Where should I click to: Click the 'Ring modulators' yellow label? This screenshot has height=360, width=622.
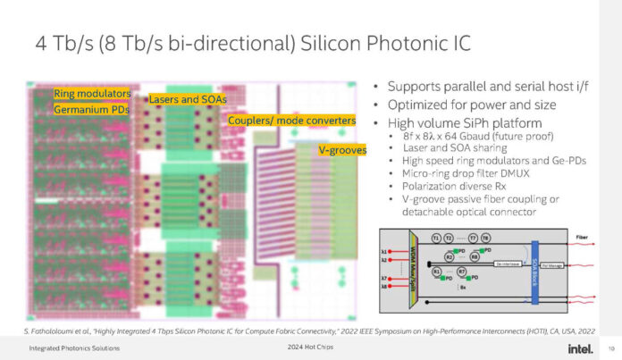91,93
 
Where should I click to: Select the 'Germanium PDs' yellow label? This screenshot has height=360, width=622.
90,109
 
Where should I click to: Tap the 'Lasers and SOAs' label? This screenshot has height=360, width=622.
187,98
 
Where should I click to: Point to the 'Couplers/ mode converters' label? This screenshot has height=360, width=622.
292,121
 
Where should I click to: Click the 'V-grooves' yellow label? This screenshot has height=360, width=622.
342,150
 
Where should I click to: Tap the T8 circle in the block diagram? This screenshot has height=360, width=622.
486,239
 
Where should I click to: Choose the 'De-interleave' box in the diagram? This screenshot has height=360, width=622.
507,264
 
